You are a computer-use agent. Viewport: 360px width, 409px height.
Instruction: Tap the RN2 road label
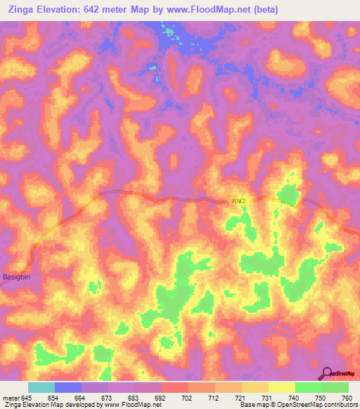(x=239, y=201)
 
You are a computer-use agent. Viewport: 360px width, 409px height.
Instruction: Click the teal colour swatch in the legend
(x=41, y=387)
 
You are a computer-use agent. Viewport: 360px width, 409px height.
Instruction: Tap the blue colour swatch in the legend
(x=68, y=387)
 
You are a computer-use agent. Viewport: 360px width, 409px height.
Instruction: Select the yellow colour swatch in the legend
(x=281, y=387)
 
